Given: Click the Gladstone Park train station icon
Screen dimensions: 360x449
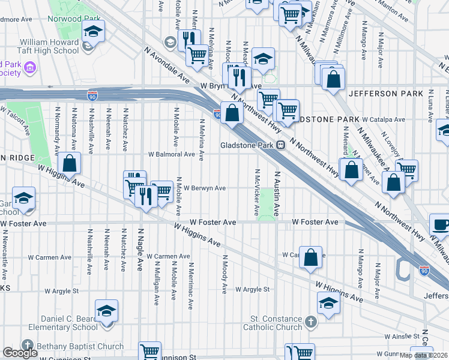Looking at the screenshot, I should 280,145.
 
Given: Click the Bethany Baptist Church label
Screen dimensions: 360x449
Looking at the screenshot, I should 79,346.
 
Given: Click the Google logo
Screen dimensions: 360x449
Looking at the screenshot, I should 20,353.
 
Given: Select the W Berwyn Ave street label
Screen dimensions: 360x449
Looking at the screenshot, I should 205,188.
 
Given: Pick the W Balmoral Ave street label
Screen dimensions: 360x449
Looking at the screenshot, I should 172,154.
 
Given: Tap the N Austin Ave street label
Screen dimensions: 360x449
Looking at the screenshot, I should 277,194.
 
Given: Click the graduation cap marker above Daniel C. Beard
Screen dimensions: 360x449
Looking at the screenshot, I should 106,311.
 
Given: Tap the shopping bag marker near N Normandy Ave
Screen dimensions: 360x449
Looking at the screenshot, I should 70,163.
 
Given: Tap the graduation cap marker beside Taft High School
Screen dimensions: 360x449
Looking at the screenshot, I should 93,31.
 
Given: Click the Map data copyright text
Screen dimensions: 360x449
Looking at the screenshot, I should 424,355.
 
